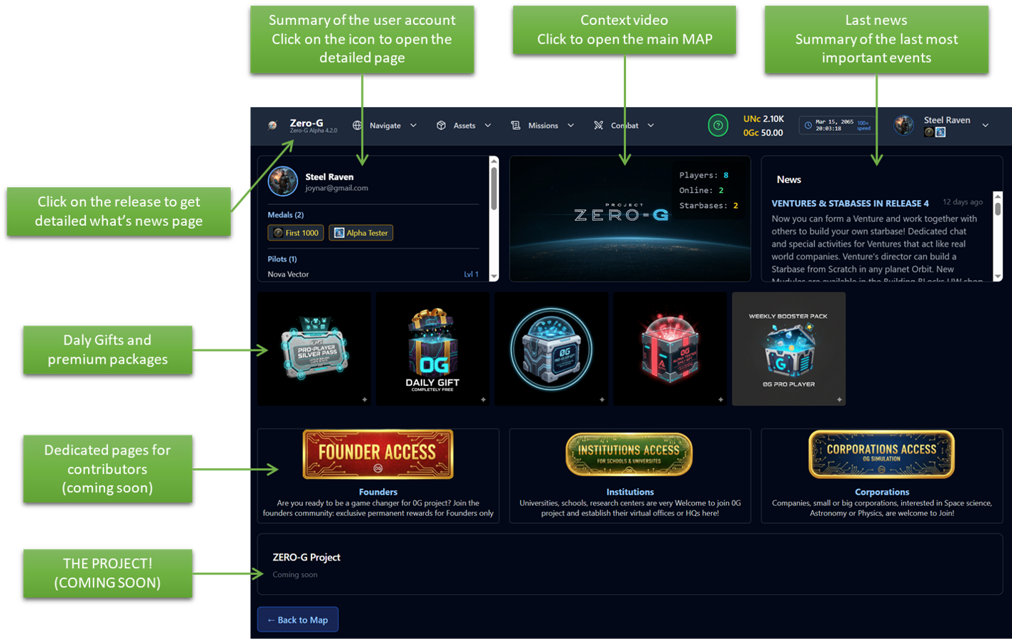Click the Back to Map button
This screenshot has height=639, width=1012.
[x=297, y=620]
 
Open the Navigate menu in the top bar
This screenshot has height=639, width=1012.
[x=385, y=126]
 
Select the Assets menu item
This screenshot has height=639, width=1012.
[x=464, y=126]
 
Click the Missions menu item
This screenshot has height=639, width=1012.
[x=542, y=126]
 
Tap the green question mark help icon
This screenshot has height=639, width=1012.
[x=718, y=126]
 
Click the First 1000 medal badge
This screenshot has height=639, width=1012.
[x=296, y=233]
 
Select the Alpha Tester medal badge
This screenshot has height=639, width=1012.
[x=361, y=233]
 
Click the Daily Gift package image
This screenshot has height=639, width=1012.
[x=432, y=349]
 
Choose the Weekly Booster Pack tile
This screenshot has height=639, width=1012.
[x=788, y=349]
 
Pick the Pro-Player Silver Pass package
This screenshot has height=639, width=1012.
[x=314, y=349]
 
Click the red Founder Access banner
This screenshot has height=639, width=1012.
[x=377, y=454]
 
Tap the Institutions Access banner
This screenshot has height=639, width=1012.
[x=629, y=454]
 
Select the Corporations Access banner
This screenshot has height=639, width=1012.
[x=881, y=454]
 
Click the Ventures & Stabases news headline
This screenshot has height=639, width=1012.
[x=850, y=204]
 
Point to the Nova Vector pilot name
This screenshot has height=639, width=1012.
[x=288, y=274]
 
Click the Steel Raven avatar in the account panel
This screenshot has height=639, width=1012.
[x=283, y=182]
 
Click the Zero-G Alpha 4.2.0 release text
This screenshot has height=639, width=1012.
[x=314, y=131]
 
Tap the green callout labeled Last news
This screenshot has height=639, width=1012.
[x=876, y=39]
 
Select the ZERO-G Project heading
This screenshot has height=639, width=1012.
[x=307, y=558]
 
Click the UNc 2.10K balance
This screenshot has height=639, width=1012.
[x=763, y=119]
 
